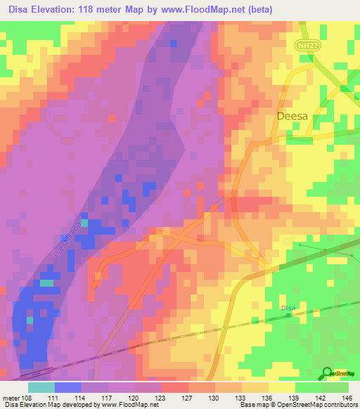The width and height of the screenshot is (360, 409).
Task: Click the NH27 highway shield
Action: (304, 44)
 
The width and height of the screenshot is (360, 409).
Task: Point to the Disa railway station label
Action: (288, 307)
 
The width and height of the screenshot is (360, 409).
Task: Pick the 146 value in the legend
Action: (346, 398)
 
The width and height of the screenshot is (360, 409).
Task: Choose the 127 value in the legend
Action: (187, 398)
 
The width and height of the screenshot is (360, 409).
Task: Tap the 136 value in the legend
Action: (266, 398)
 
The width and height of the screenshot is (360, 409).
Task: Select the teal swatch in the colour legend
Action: (41, 387)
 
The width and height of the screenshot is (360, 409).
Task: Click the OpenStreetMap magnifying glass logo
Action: (328, 375)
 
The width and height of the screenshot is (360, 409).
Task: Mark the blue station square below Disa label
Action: (288, 315)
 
